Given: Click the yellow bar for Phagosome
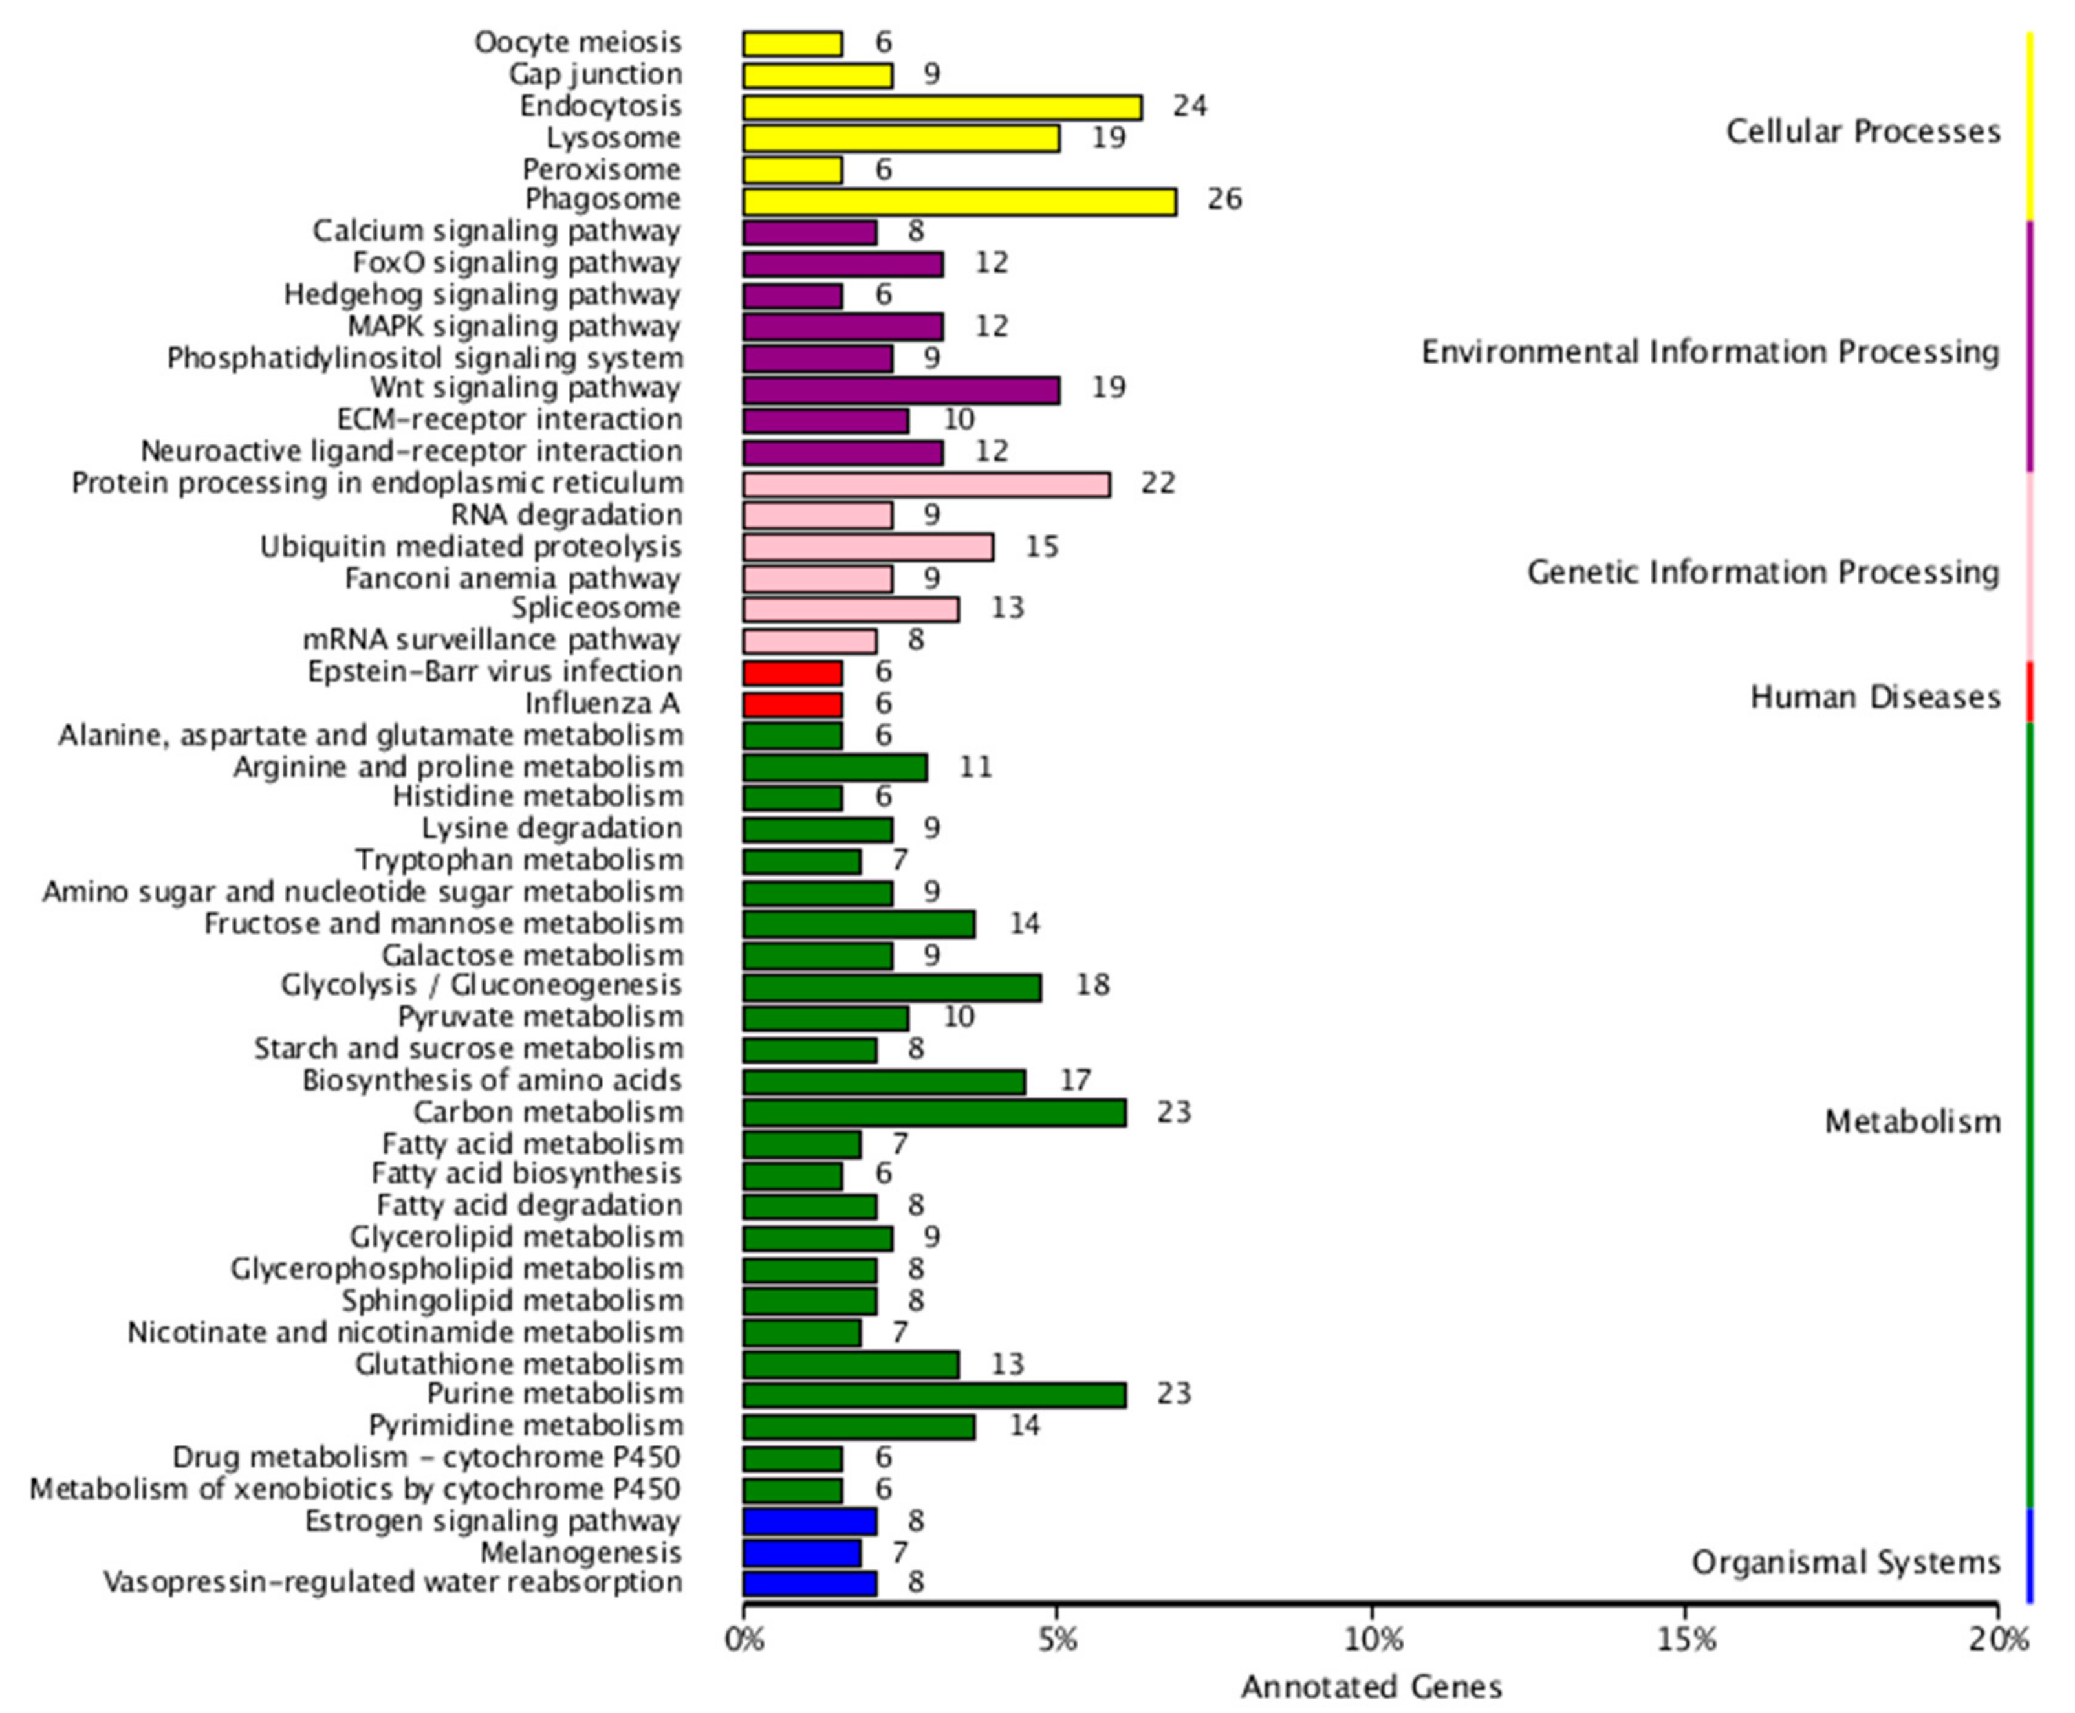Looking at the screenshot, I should pyautogui.click(x=959, y=201).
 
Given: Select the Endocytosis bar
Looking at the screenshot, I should pyautogui.click(x=942, y=107).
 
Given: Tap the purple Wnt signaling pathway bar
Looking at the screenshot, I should pyautogui.click(x=901, y=390).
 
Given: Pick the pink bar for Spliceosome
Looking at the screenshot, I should pyautogui.click(x=851, y=609).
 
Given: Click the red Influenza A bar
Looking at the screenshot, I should pyautogui.click(x=792, y=704).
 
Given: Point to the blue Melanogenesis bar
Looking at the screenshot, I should pyautogui.click(x=801, y=1553).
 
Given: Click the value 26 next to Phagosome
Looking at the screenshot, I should pyautogui.click(x=1224, y=199).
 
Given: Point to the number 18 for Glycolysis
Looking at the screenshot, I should pyautogui.click(x=1092, y=985).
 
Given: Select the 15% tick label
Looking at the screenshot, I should pyautogui.click(x=1684, y=1640).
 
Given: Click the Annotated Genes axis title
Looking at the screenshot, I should pyautogui.click(x=1371, y=1687).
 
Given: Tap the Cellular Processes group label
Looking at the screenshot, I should pyautogui.click(x=1863, y=131).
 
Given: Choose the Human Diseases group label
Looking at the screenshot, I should pyautogui.click(x=1874, y=697).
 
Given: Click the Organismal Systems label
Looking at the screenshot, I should pyautogui.click(x=1845, y=1562).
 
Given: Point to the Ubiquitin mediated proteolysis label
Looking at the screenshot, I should pyautogui.click(x=471, y=547).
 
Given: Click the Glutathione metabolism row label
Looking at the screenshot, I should pyautogui.click(x=519, y=1365).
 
